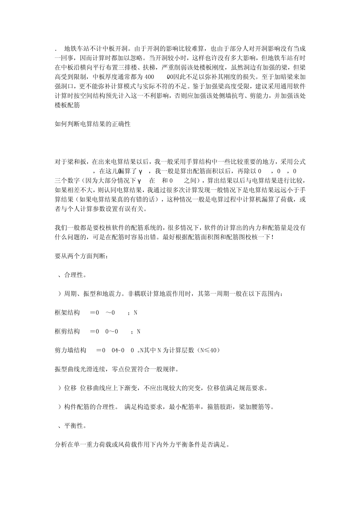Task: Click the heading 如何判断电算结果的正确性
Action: [x=92, y=124]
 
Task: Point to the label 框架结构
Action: [x=67, y=312]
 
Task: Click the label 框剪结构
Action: [x=67, y=331]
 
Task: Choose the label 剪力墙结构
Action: [x=70, y=350]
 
